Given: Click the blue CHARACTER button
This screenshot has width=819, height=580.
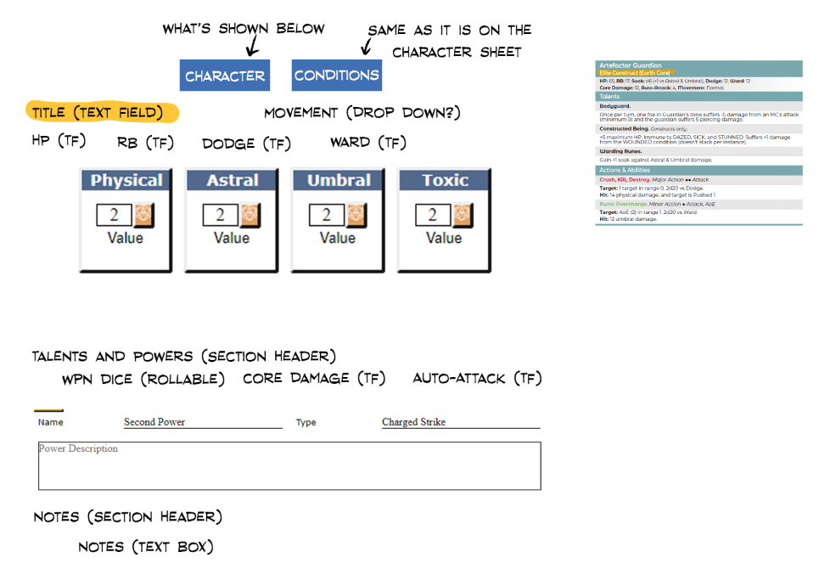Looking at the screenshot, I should click(x=225, y=76).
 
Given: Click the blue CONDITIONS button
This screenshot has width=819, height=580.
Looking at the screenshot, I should click(x=336, y=76).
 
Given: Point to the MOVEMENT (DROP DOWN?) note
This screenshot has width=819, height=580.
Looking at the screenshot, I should click(x=362, y=112).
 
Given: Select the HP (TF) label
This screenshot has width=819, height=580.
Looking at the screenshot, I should click(x=59, y=141).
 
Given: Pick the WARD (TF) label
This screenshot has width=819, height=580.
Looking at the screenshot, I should click(x=368, y=142).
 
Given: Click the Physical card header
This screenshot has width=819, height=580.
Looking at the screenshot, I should click(x=126, y=180).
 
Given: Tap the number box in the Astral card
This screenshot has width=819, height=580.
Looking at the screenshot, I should click(x=221, y=215).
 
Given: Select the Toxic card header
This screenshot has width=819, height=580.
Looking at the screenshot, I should click(x=445, y=180).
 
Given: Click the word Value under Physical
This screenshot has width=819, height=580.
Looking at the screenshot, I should click(x=126, y=238).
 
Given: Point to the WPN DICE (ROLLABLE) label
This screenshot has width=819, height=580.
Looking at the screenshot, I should click(x=143, y=379).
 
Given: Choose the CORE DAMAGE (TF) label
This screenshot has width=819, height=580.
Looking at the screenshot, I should click(x=314, y=378).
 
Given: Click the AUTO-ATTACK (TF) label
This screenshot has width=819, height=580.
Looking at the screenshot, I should click(x=477, y=378).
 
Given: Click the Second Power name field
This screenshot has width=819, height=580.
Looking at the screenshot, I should click(x=203, y=422).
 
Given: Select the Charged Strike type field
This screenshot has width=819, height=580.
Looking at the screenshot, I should click(x=460, y=422).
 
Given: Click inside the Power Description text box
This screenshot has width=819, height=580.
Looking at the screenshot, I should click(x=289, y=467).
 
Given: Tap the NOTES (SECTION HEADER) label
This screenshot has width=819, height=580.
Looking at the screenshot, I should click(x=127, y=516).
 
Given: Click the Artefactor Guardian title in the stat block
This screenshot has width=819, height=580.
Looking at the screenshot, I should click(x=631, y=65).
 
